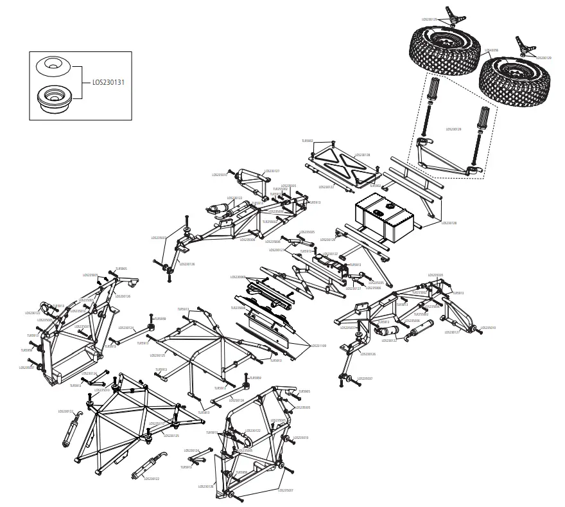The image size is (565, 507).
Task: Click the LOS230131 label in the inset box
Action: tap(109, 82)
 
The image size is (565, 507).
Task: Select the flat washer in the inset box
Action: tap(51, 65)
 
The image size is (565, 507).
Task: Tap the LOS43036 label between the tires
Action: tap(492, 49)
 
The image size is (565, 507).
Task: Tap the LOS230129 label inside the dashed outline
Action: tap(453, 129)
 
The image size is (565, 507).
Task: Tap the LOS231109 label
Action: tap(317, 345)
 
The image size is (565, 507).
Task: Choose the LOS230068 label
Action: tap(238, 277)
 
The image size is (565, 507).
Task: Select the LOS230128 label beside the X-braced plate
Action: tap(363, 155)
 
